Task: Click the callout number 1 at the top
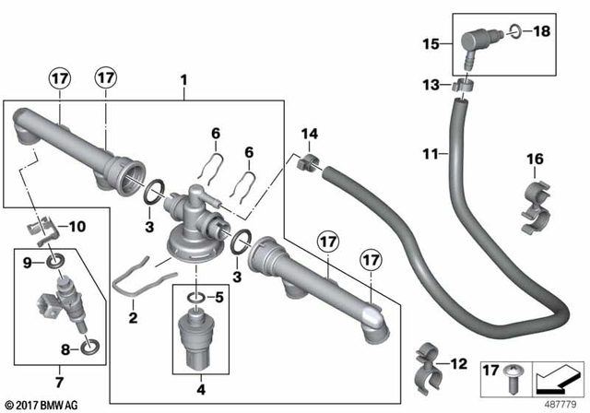point(183,80)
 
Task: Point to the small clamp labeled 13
point(464,88)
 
